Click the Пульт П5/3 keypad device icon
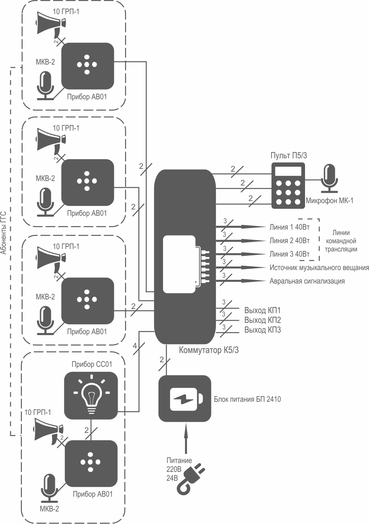[288, 185]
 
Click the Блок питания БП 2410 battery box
[185, 399]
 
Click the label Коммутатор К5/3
[209, 350]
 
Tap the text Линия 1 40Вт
[290, 227]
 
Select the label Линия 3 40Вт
[290, 254]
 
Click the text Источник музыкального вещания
[319, 267]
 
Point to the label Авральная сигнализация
[307, 281]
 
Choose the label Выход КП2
[263, 320]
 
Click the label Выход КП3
[263, 330]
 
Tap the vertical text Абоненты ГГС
[3, 233]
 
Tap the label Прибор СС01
[92, 364]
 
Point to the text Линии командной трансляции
[341, 241]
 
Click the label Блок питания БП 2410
[247, 399]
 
